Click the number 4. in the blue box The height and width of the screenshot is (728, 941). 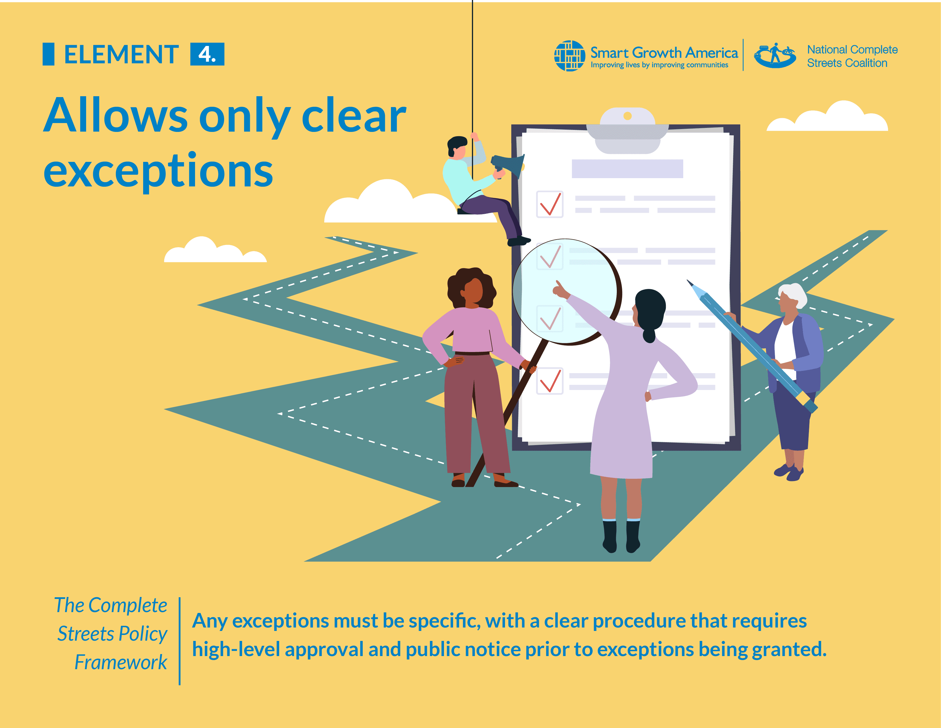point(207,54)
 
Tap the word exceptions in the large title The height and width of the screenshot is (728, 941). point(158,172)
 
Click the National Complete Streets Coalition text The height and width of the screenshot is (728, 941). point(852,56)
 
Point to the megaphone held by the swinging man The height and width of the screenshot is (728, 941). point(508,166)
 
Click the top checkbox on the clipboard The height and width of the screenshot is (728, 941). point(550,204)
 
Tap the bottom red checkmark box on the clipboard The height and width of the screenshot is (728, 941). point(550,381)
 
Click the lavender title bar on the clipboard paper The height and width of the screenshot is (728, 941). point(627,169)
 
